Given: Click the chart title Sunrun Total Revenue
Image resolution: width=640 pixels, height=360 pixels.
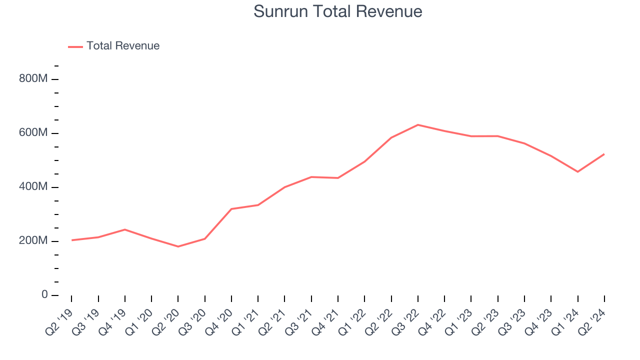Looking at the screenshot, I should click(x=337, y=11).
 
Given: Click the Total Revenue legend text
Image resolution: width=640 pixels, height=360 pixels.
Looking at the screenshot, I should click(x=123, y=46).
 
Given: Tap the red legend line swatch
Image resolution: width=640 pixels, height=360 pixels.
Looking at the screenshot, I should click(x=75, y=46).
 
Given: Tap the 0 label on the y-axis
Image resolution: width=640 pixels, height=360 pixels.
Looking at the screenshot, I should click(x=44, y=295).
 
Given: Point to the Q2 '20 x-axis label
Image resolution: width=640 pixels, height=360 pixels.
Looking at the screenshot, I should click(x=165, y=318).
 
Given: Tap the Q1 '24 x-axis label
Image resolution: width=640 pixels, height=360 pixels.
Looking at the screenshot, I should click(x=565, y=318).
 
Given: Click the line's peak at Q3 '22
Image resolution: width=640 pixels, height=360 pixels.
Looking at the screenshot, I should click(x=418, y=124).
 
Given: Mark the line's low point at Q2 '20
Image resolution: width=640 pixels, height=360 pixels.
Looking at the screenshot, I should click(x=178, y=246).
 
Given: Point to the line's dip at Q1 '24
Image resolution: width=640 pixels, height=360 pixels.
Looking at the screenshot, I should click(x=578, y=171).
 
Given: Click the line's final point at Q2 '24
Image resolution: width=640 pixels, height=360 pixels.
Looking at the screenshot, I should click(x=604, y=154).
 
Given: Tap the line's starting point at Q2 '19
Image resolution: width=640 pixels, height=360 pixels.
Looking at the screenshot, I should click(x=71, y=240).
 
